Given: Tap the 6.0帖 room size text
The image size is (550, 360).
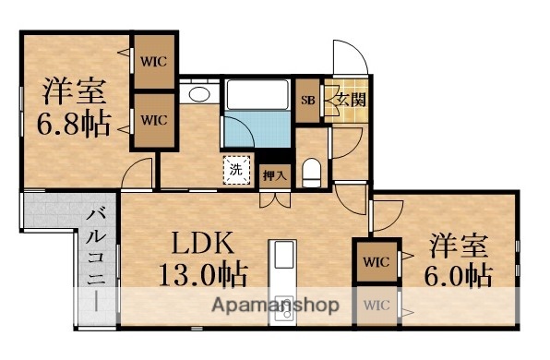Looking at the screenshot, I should coord(459,275).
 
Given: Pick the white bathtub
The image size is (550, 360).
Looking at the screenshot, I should coord(257,97).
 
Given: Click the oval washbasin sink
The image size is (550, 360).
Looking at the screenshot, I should coord(197,94).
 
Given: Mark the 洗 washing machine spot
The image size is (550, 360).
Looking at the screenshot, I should coord(236,169).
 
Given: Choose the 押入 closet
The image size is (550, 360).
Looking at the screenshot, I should coord(274,173).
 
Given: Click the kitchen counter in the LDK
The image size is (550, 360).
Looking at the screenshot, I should coord(282,277).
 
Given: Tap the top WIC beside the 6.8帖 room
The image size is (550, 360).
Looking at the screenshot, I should coord(153,61).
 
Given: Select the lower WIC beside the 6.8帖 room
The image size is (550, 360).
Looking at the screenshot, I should coord(153,119).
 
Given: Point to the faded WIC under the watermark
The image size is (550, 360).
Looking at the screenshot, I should coord(374,305).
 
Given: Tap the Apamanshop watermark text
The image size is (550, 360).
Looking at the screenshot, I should coord(274,306).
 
